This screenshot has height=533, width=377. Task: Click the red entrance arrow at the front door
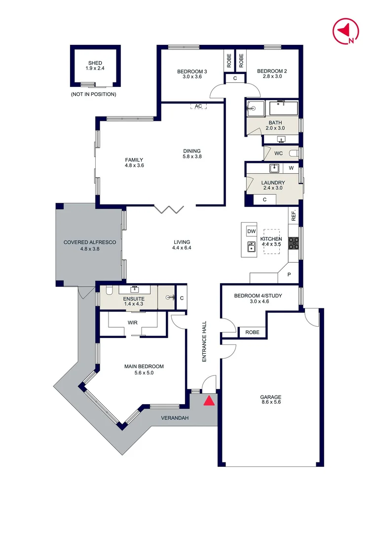point(209,400)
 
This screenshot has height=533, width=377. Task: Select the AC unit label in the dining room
point(198,106)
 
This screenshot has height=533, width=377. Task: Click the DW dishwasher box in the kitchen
point(251,231)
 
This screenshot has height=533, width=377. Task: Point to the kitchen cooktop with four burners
point(294,242)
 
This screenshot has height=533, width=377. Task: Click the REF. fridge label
point(294,215)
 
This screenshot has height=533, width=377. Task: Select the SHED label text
point(95,63)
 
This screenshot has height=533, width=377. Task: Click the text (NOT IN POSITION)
point(94,94)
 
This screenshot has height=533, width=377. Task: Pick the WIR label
point(132,322)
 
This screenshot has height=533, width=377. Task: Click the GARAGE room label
point(270,397)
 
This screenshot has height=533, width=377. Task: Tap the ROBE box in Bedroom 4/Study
point(252,332)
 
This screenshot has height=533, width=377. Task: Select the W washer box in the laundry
point(291,168)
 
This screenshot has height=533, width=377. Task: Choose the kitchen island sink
point(251,247)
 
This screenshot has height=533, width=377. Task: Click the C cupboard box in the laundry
point(264,199)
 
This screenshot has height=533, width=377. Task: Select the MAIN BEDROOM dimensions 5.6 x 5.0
point(144,373)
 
